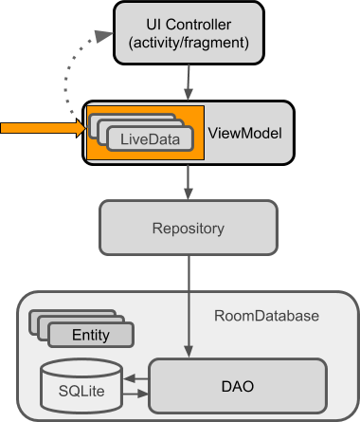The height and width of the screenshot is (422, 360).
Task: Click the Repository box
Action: coord(188,229)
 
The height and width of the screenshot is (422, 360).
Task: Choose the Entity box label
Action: coord(90,335)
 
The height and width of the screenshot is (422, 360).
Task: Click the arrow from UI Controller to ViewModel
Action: coord(188,83)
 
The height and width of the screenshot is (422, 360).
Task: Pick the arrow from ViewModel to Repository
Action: coord(188,180)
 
